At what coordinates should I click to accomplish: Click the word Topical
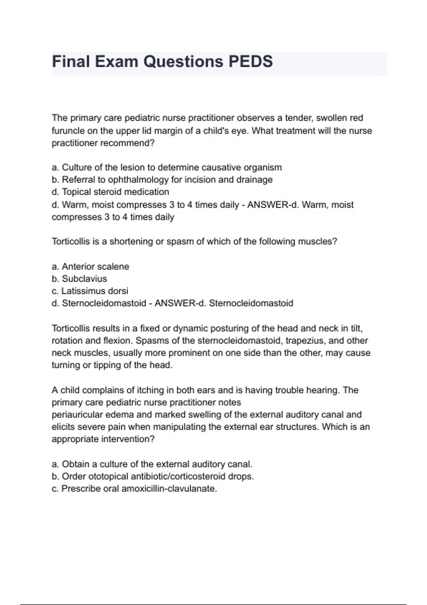(76, 192)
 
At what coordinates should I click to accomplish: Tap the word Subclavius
(84, 279)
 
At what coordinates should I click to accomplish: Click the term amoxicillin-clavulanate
(169, 489)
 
